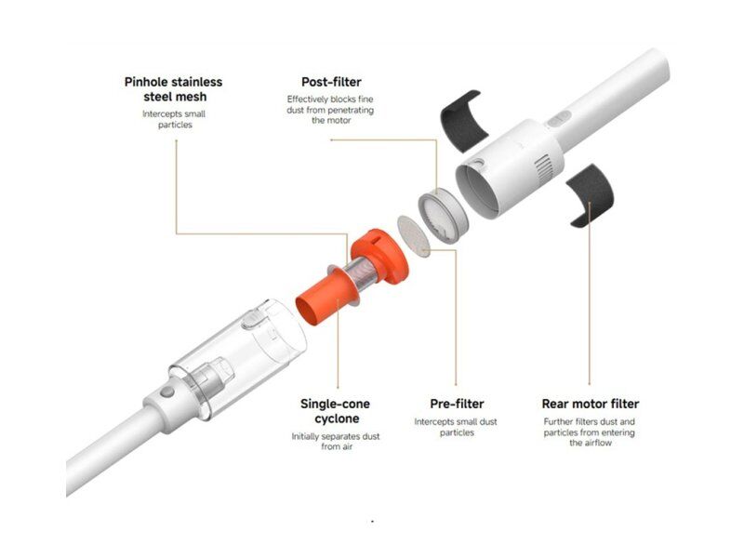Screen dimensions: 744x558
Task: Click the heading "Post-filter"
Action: coord(331,82)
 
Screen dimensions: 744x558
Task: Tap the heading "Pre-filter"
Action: coord(457,404)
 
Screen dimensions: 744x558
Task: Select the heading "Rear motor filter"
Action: coord(591,404)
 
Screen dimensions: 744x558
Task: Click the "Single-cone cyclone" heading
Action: coord(336,411)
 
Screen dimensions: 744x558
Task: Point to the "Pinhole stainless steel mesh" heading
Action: coord(174,89)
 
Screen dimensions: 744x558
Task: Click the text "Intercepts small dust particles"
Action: coord(456,427)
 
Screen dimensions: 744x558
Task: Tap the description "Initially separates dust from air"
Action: coord(336,441)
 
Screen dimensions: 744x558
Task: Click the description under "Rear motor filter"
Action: coord(590,432)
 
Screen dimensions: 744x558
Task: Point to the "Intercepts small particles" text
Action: coord(174,119)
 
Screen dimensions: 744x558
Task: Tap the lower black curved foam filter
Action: coord(590,195)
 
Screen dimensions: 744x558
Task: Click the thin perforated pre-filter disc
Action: coord(413,236)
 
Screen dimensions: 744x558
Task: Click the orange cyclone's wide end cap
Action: coord(379,257)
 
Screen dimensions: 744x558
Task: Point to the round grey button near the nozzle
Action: coord(167,392)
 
